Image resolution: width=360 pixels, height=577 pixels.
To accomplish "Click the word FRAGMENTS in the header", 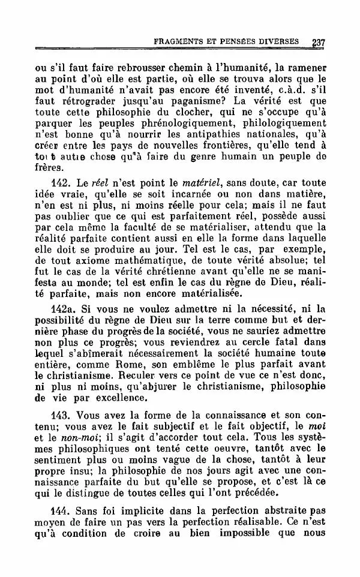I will (x=179, y=43).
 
